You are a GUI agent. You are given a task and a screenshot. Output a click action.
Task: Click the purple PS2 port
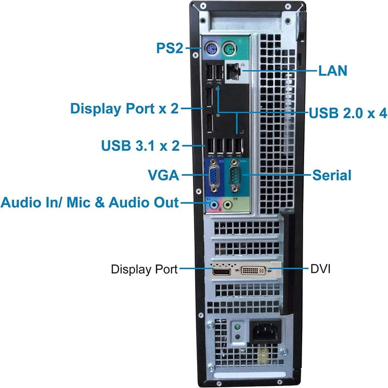coord(212,50)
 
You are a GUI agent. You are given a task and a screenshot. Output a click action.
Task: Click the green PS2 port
coord(229,49)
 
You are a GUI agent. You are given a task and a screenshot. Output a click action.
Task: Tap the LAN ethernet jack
coord(233,72)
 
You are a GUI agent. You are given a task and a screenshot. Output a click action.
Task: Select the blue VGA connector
coord(214,176)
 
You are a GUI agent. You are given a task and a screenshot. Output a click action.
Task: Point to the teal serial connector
coord(234,175)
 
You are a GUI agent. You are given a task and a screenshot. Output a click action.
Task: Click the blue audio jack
coord(214,205)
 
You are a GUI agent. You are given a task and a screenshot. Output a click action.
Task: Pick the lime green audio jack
coord(227,205)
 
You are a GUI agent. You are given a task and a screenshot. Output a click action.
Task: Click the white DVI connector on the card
coord(254,270)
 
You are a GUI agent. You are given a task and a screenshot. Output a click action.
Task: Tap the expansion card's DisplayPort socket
coord(221,272)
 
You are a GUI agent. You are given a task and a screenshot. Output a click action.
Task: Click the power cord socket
coord(265,331)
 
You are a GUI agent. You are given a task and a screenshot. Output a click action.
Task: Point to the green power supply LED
coord(237,327)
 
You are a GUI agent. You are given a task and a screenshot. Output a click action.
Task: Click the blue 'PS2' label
coord(170,48)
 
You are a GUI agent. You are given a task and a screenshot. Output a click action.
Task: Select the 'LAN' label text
coord(332,71)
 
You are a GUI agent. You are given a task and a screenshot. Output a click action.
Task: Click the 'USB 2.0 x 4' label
coord(348,113)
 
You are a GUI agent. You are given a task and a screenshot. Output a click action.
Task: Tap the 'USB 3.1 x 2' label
coord(140,145)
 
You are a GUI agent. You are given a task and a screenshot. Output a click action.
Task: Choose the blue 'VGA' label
coord(163,175)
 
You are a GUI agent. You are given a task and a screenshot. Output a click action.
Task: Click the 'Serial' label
coord(332,175)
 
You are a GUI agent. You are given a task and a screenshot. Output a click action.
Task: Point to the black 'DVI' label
coord(320,269)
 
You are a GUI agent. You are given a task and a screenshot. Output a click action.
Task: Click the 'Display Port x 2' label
coord(124,109)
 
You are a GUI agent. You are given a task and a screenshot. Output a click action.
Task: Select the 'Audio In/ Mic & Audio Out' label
coord(89,203)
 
